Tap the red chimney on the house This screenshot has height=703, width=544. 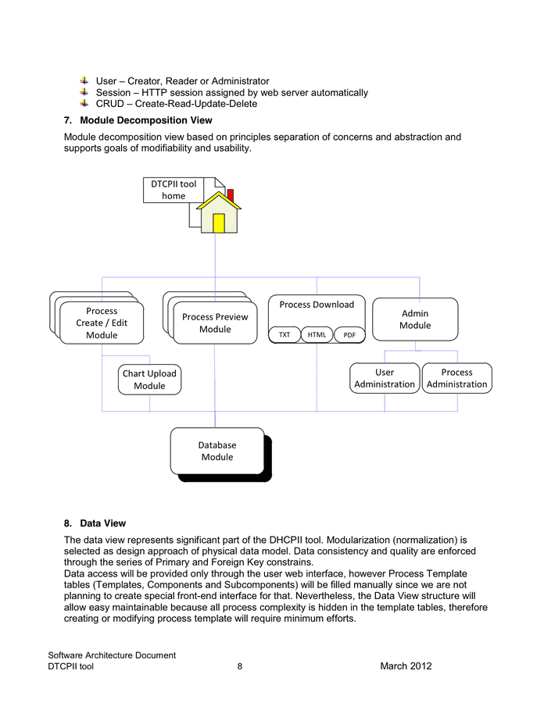[x=230, y=194]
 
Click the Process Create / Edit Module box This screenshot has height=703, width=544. [x=102, y=323]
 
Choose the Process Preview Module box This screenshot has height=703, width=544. [x=215, y=323]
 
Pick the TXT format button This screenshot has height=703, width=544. [x=285, y=335]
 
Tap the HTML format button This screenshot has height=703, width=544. [x=317, y=335]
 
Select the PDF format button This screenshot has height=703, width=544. [x=349, y=335]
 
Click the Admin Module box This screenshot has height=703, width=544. [x=415, y=319]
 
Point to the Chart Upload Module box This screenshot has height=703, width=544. [x=149, y=379]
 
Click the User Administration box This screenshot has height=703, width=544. [x=385, y=378]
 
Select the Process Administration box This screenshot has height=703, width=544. [x=457, y=378]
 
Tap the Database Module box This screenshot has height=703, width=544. [x=217, y=451]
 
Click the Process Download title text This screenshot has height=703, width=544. [x=317, y=305]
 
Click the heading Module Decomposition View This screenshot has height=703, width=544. [x=145, y=120]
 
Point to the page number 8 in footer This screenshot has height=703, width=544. [x=240, y=666]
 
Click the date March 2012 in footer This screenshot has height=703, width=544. [x=406, y=666]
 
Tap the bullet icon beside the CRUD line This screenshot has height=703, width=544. [x=84, y=103]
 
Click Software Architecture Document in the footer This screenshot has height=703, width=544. [x=112, y=655]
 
